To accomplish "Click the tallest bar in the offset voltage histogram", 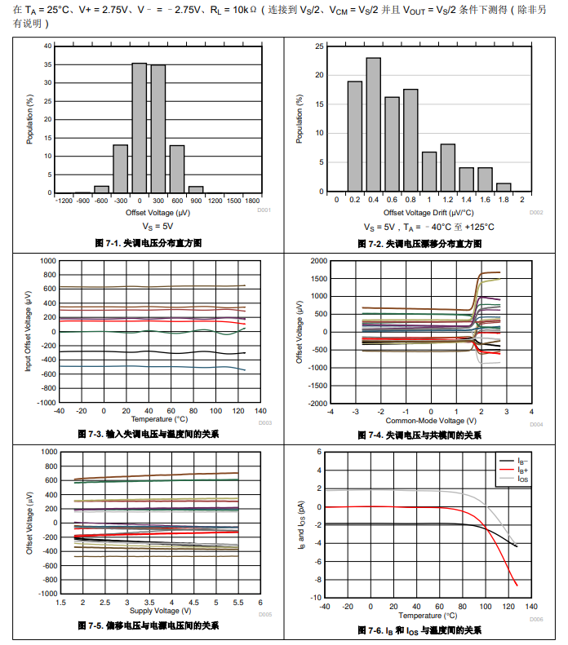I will click(140, 128).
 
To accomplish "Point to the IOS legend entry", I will click(522, 479).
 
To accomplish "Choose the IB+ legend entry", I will click(522, 470).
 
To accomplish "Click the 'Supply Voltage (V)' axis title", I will click(160, 610).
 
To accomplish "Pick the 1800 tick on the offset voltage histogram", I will click(252, 201).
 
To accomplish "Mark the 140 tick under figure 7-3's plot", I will click(260, 411).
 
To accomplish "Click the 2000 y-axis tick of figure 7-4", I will click(317, 261).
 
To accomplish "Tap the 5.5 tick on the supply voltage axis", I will click(238, 602).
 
